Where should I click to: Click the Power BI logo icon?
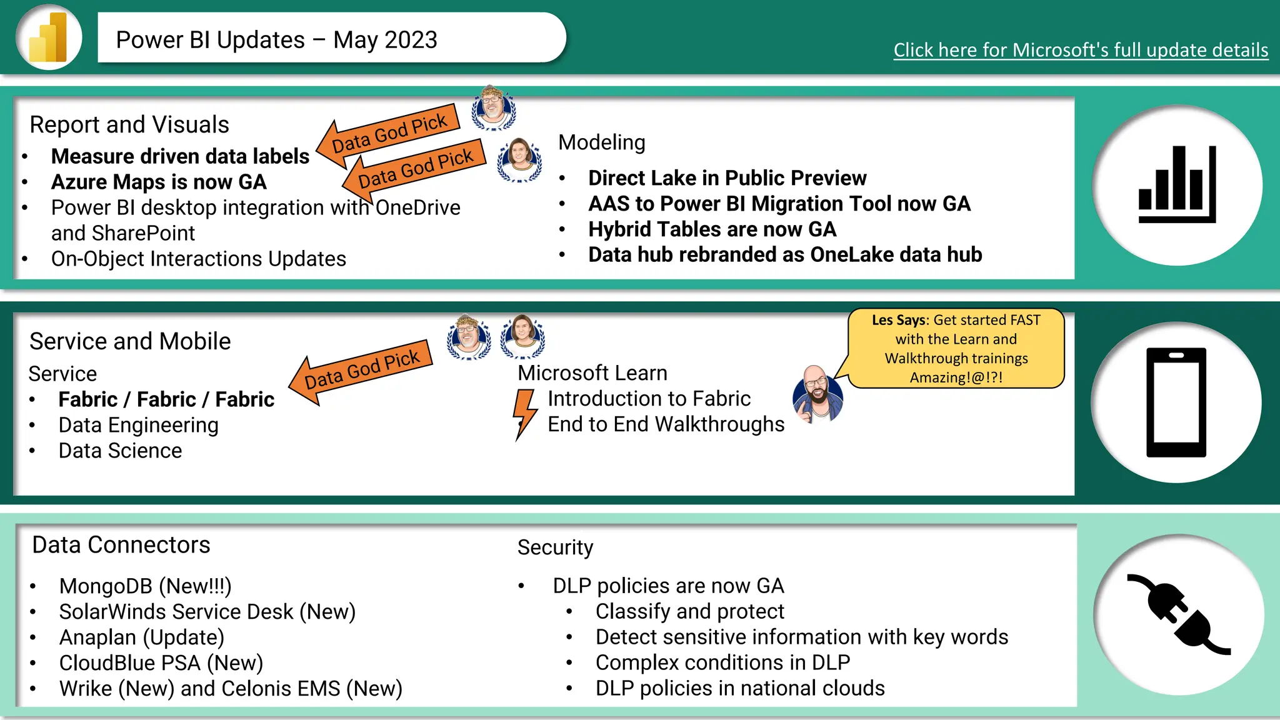click(x=49, y=37)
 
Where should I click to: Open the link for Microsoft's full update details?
click(x=1081, y=50)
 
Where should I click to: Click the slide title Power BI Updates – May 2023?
click(x=276, y=40)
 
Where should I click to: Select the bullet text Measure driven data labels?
click(x=180, y=156)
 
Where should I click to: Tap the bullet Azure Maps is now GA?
click(x=159, y=182)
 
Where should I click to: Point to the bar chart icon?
click(x=1177, y=185)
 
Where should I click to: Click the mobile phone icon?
click(x=1176, y=402)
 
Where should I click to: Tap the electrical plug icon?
click(x=1178, y=614)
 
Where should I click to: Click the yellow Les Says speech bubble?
click(x=956, y=348)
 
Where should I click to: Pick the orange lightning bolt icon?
click(x=524, y=413)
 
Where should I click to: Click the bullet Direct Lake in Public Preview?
click(x=727, y=178)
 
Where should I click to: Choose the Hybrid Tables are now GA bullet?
click(x=712, y=229)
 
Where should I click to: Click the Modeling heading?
click(x=601, y=142)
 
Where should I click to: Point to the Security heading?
click(x=555, y=547)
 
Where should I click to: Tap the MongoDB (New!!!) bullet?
click(x=145, y=586)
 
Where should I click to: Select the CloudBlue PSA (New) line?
click(x=161, y=663)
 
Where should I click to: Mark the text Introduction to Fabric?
click(x=649, y=399)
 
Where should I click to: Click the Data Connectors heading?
click(x=121, y=545)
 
